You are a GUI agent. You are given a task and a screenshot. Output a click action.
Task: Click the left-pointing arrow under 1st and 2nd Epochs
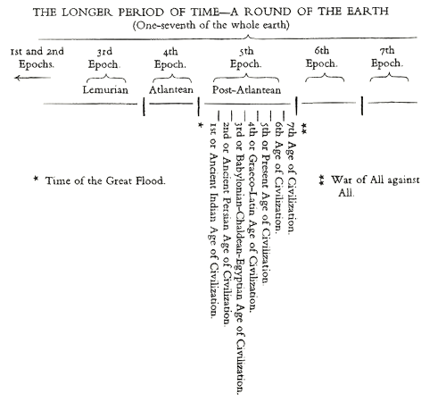33,78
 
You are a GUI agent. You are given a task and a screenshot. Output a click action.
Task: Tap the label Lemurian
105,89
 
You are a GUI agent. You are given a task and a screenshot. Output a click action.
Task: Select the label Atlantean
171,89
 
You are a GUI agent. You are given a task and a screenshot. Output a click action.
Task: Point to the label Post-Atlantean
246,89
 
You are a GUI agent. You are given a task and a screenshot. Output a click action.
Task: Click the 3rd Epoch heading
104,58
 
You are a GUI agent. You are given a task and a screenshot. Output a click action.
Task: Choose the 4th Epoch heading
170,58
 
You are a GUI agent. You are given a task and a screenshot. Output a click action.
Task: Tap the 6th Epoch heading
322,57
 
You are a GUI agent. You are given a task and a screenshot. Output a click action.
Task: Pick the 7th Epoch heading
387,57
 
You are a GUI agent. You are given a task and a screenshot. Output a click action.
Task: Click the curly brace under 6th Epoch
325,77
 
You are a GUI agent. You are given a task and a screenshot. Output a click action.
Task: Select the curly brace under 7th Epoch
389,77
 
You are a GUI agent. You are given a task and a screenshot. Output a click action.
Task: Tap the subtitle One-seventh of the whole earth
211,25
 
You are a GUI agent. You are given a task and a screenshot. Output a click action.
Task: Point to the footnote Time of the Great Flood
100,180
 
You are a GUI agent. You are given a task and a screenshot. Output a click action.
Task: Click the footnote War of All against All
369,186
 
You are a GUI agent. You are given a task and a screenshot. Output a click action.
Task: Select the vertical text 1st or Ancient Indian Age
213,221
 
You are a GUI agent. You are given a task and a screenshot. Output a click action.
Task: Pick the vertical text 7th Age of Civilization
292,178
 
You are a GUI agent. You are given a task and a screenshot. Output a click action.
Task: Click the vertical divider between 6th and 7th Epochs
362,105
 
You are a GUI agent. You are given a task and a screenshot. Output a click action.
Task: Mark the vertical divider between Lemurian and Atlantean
144,106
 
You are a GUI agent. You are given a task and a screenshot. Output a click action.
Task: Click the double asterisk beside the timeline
303,129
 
